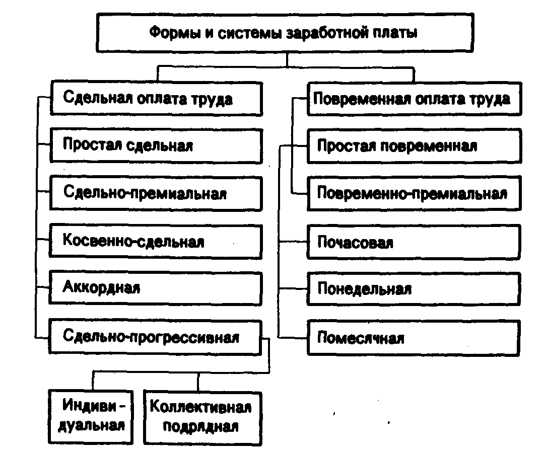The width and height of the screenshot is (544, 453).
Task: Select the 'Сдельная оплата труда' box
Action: coord(156,99)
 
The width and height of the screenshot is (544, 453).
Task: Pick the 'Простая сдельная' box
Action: coord(156,146)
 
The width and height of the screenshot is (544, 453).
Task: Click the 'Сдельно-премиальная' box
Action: coord(156,194)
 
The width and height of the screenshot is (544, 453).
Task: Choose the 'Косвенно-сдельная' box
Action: coord(156,242)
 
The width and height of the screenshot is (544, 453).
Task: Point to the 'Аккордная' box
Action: coord(156,288)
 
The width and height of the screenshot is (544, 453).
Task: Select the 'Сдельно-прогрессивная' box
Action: coord(156,337)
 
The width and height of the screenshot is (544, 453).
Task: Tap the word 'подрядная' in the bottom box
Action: coord(200,427)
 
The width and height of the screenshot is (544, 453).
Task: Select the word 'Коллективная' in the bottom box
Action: coord(200,406)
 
